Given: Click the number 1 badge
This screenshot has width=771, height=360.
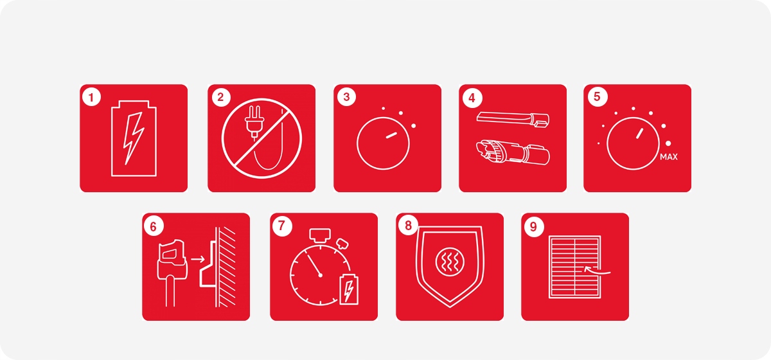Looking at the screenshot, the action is tap(91, 97).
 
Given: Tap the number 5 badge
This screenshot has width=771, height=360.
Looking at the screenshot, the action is tap(597, 97).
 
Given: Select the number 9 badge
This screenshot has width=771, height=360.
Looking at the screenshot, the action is tap(533, 226).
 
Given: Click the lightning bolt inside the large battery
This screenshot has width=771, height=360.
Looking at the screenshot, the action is tap(134, 138).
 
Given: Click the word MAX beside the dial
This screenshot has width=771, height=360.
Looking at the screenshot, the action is tap(669, 157).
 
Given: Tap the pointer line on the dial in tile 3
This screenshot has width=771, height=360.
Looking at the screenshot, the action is tap(391, 136).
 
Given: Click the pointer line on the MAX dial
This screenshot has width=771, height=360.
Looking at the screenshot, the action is tap(640, 134).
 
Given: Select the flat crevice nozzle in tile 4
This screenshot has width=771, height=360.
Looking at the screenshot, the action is tap(513, 119).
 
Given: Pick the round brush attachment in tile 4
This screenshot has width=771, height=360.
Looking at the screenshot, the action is tap(513, 152).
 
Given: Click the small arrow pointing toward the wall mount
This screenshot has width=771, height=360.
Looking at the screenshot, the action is tap(198, 259).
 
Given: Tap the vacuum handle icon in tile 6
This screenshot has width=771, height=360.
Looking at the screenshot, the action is tap(172, 272).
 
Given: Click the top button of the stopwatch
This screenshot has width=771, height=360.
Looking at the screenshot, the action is tap(320, 234).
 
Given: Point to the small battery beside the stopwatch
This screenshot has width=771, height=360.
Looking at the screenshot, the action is tap(349, 289).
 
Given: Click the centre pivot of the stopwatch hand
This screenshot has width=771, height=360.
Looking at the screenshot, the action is tap(321, 275).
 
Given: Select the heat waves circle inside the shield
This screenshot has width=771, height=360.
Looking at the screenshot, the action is tap(450, 262).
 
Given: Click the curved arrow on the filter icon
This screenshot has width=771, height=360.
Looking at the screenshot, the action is tap(597, 271).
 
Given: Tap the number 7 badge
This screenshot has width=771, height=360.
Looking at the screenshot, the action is tap(282, 226).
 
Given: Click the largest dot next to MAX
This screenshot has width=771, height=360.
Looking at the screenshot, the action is tap(668, 143).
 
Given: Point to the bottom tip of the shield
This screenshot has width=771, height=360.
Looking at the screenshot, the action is tap(450, 307).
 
